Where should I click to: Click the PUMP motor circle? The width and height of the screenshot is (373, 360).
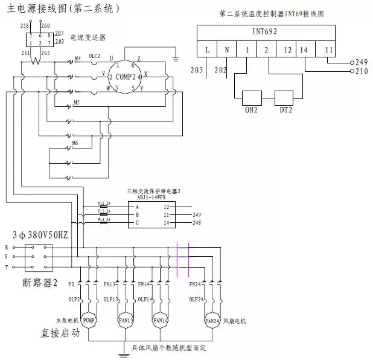point(89,320)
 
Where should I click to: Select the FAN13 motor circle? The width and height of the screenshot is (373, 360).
point(126,320)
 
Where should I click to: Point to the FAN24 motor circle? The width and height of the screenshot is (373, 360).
point(211,320)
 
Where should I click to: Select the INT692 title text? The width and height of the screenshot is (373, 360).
point(264,31)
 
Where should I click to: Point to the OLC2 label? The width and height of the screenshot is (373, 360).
point(95,56)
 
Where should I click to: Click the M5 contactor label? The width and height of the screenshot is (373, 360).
point(75,102)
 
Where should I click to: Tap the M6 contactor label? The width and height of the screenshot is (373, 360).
point(75,143)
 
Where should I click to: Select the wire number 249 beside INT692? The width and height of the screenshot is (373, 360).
point(362,62)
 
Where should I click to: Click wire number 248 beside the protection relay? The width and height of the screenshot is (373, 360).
point(196,223)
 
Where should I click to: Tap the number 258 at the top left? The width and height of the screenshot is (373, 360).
point(24,27)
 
